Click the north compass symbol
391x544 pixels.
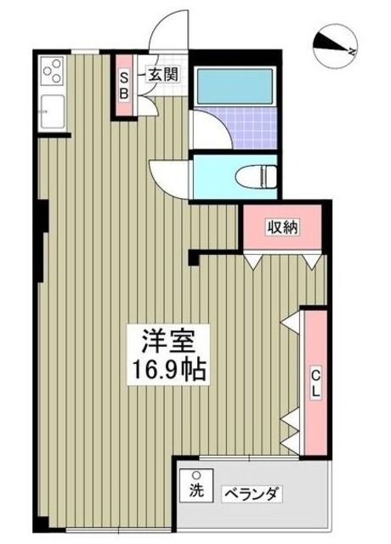[333, 45]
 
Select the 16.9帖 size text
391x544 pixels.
[167, 371]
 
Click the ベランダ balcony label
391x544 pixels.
[252, 494]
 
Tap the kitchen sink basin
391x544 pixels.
[51, 110]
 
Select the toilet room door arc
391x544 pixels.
[167, 176]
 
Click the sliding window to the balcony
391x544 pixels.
[238, 460]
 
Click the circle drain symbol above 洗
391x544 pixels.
[196, 475]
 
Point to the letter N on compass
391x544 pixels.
[348, 51]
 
